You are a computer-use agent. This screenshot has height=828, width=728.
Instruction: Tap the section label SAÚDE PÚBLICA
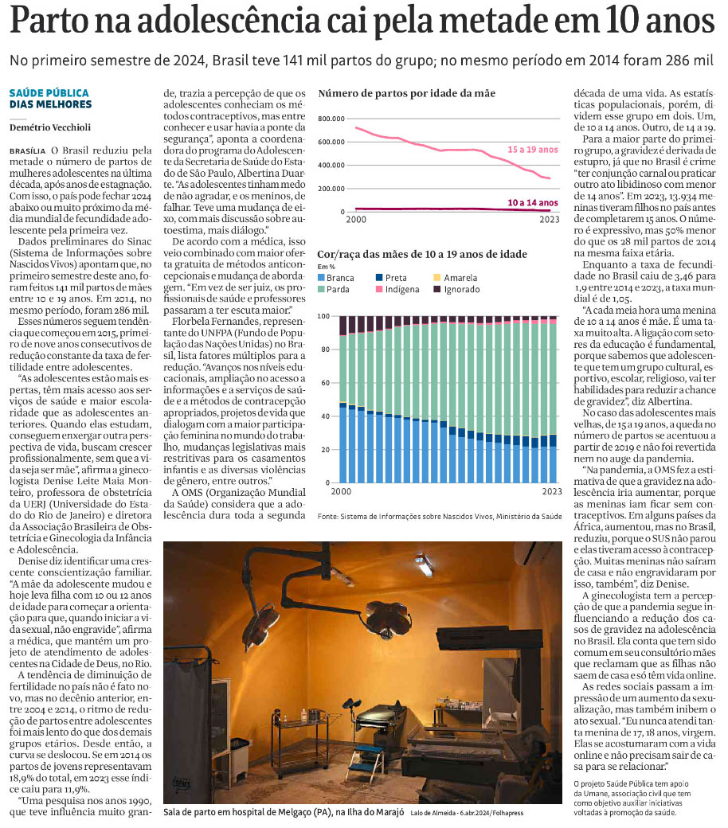point(49,93)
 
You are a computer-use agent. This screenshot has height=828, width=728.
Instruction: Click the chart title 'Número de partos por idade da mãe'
point(406,93)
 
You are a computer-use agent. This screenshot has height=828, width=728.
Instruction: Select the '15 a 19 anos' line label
point(533,149)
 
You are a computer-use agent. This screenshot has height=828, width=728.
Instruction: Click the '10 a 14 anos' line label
point(533,201)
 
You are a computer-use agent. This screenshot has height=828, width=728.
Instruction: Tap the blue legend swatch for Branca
point(322,278)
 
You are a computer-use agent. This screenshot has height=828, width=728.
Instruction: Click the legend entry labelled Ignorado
point(461,289)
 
